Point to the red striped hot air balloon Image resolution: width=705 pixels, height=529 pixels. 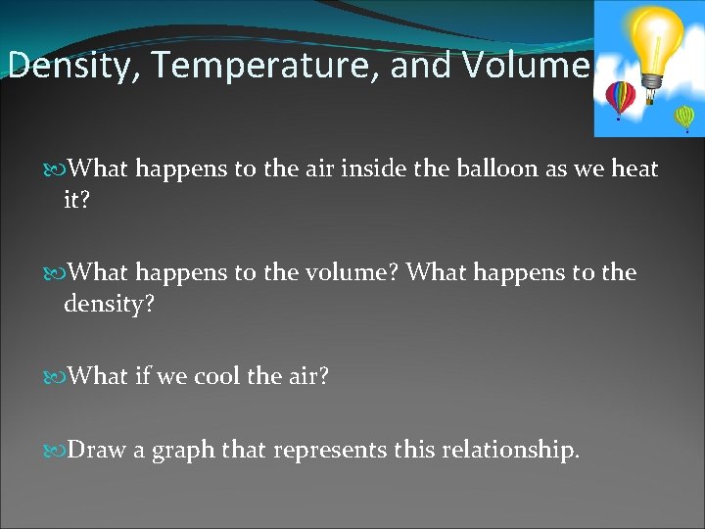(x=620, y=98)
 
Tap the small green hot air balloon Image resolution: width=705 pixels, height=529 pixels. (x=684, y=118)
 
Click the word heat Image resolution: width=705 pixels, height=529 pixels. (x=634, y=168)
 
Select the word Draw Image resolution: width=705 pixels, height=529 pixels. (x=96, y=450)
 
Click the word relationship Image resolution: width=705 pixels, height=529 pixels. (x=511, y=452)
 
